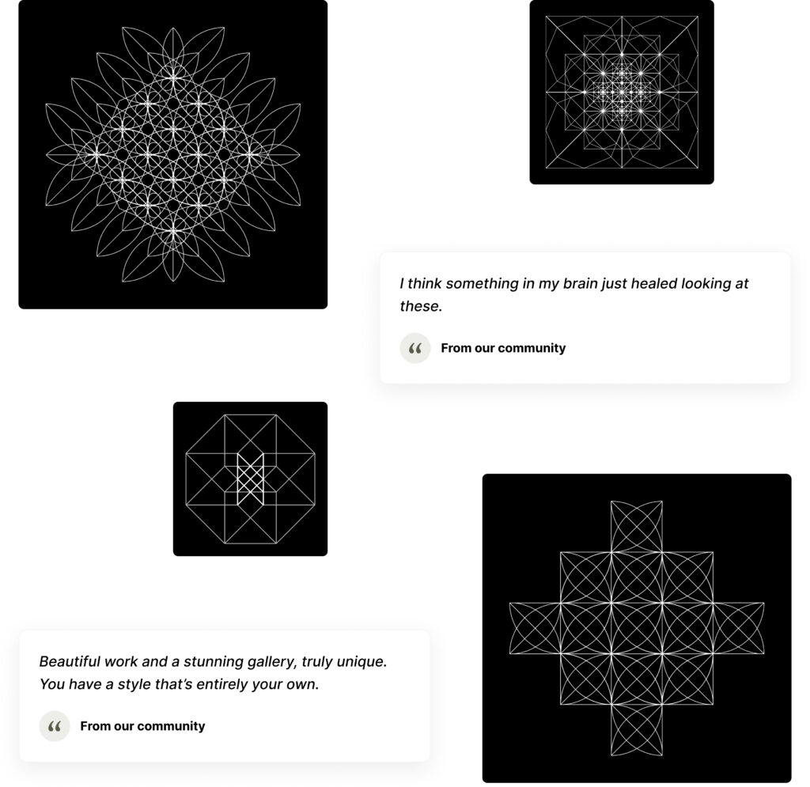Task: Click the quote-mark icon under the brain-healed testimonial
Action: (x=414, y=348)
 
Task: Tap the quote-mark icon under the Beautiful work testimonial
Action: (x=55, y=726)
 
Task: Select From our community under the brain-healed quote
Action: (x=503, y=348)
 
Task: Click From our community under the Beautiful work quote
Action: (x=142, y=726)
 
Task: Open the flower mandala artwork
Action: (x=173, y=154)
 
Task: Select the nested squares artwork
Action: (x=622, y=92)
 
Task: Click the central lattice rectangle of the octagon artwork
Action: (x=250, y=479)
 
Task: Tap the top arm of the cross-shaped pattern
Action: (x=637, y=526)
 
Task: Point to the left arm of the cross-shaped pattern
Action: (x=535, y=629)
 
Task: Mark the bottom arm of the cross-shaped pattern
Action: (x=637, y=730)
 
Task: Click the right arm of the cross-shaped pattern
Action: (x=739, y=629)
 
